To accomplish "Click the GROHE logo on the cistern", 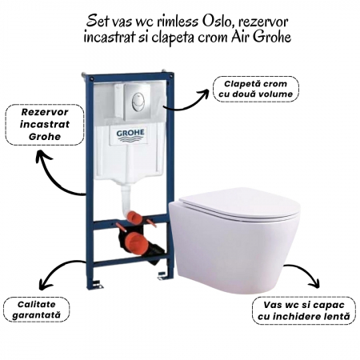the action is (130, 135).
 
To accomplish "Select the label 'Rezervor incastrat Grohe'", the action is (45, 125).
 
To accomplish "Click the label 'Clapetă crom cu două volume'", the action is (256, 89).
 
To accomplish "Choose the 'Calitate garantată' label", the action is (36, 310).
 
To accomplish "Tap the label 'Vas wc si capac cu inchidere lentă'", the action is (304, 310).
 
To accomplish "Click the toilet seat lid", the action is (239, 203).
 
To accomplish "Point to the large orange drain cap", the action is (134, 242).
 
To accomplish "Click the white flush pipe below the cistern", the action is (126, 198).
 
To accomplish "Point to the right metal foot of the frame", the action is (162, 276).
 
